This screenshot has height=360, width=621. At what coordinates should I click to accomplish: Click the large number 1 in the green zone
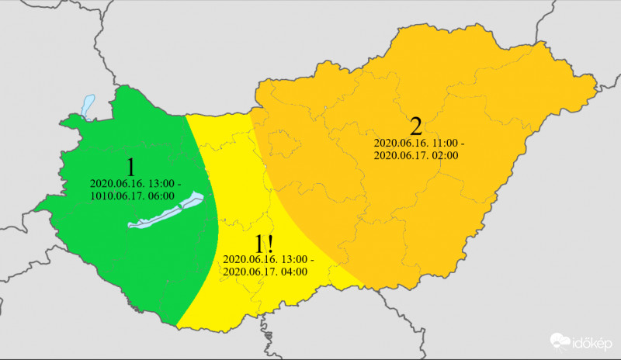(x=131, y=167)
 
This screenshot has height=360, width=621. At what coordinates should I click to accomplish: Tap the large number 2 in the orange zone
(x=415, y=127)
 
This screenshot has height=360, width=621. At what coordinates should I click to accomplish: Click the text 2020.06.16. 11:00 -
(x=418, y=144)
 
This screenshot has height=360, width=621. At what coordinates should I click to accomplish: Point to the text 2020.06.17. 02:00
(x=416, y=155)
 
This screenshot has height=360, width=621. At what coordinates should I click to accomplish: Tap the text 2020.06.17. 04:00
(x=265, y=272)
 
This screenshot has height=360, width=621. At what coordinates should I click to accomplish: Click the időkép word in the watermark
(x=595, y=341)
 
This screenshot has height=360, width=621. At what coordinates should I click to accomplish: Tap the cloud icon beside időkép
(x=561, y=341)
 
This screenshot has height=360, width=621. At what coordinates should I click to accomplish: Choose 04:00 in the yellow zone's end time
(x=293, y=272)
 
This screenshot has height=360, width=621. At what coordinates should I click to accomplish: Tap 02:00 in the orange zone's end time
(x=445, y=155)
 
